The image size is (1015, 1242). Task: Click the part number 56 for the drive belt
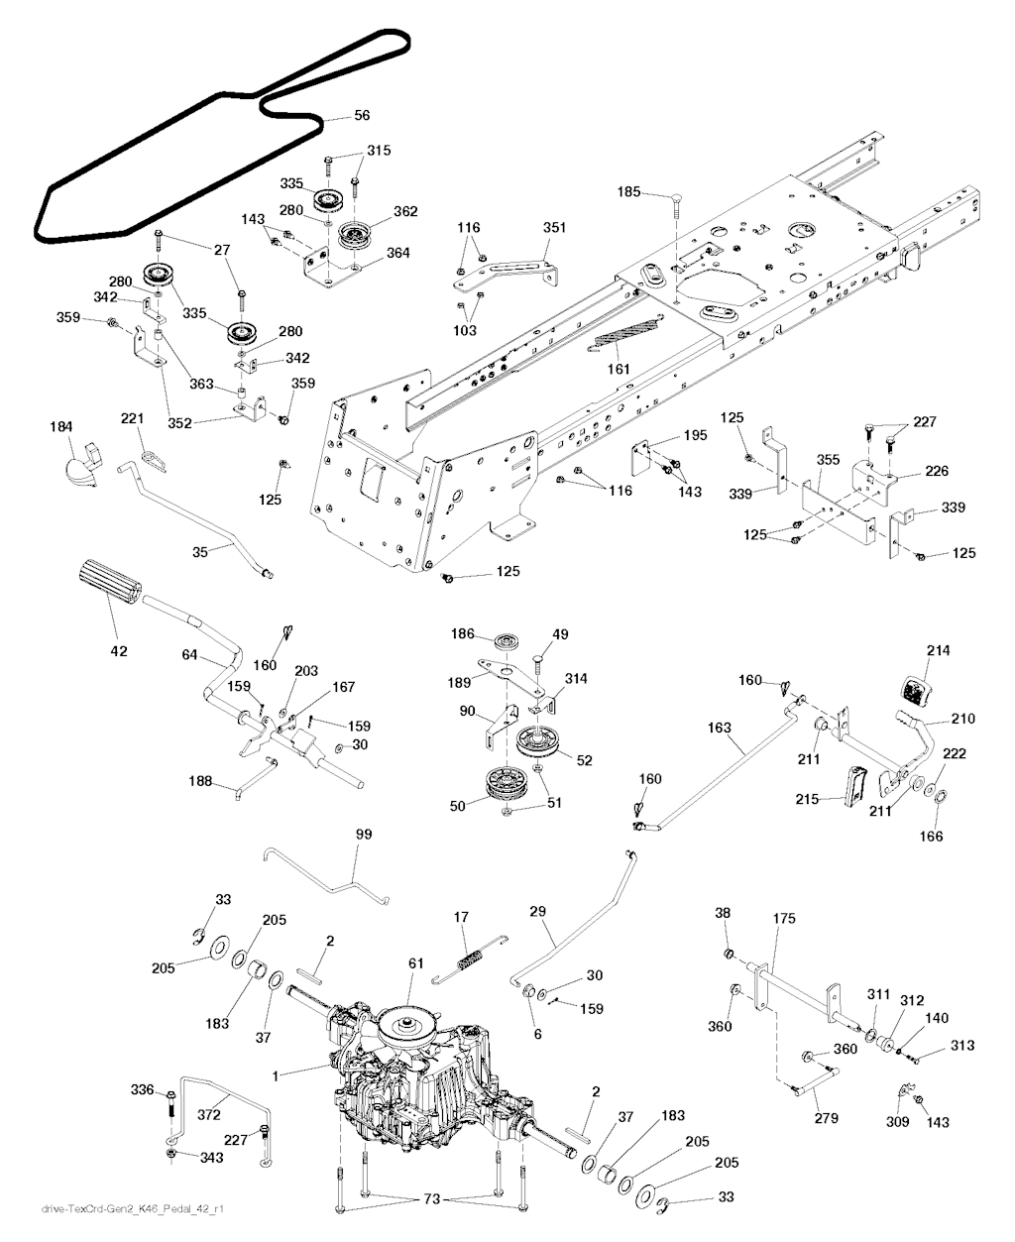(x=362, y=116)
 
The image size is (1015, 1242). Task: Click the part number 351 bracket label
(x=554, y=228)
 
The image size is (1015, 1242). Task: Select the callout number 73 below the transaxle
(x=431, y=1200)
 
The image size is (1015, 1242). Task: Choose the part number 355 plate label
(x=828, y=460)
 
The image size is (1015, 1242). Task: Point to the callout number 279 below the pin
(x=826, y=1118)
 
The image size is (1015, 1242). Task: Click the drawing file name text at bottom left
(x=108, y=1209)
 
